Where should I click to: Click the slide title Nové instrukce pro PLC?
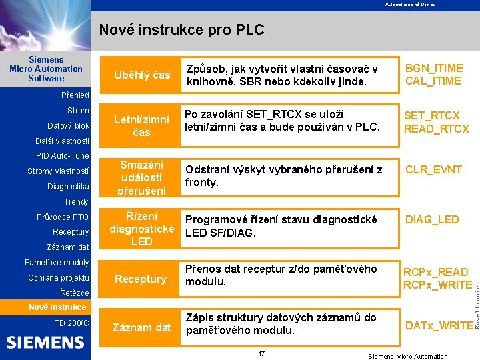181,30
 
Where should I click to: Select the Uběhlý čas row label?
141,75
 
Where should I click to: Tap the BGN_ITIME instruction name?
434,69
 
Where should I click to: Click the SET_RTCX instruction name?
432,116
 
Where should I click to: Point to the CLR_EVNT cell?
434,169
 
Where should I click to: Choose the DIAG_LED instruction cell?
432,219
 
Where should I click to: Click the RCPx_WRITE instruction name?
437,285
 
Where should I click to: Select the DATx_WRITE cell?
439,325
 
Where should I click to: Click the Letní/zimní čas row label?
141,126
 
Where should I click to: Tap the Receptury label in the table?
141,279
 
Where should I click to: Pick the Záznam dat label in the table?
141,327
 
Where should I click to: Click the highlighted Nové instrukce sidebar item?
57,307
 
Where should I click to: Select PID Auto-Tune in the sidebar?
62,156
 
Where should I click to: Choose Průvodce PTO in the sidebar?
63,217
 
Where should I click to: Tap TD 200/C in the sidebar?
71,323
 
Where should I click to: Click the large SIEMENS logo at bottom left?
45,343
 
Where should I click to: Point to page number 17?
261,353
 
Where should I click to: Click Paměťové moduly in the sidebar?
57,263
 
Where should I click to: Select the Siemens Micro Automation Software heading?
46,69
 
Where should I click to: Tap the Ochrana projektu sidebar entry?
59,277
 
